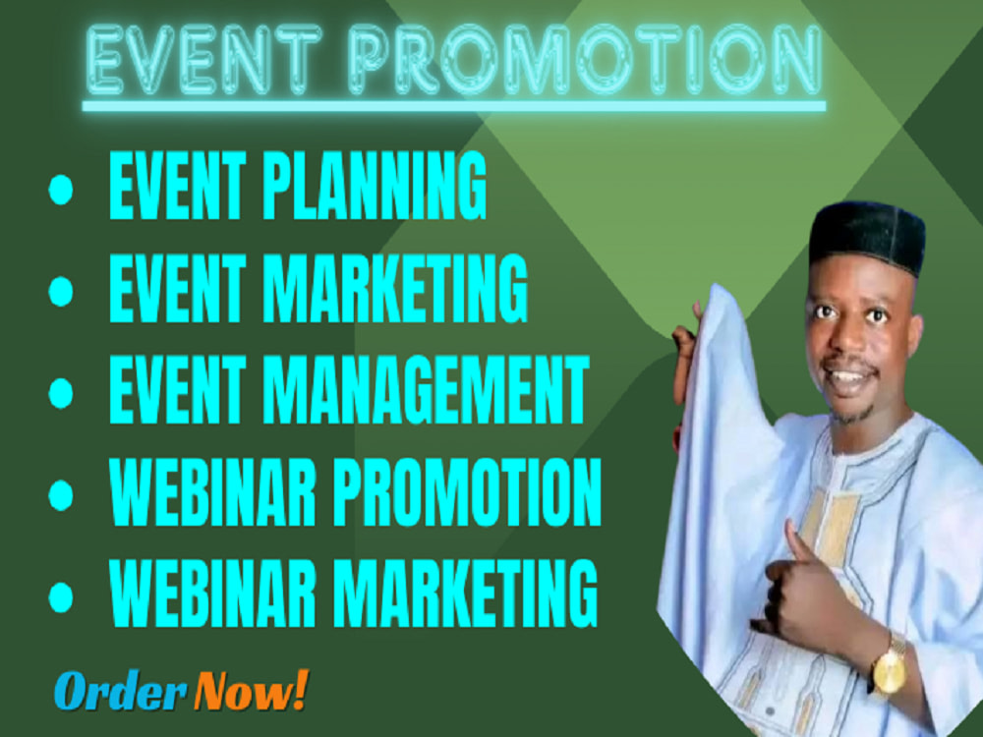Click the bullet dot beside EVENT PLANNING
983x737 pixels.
[61, 191]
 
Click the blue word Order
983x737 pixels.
[119, 692]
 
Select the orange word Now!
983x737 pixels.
[250, 690]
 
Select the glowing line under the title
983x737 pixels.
[452, 105]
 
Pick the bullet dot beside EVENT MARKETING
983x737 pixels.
[61, 290]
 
